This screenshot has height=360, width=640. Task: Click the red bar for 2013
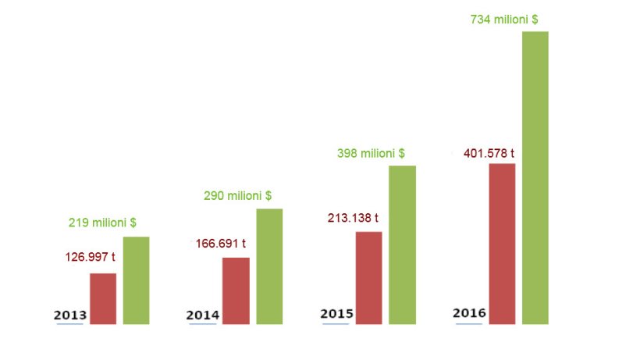pyautogui.click(x=103, y=298)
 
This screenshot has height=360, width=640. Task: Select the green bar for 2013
pyautogui.click(x=136, y=280)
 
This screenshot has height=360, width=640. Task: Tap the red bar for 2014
pyautogui.click(x=236, y=290)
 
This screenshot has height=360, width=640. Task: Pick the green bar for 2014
pyautogui.click(x=269, y=266)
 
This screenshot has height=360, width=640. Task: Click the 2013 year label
pyautogui.click(x=70, y=315)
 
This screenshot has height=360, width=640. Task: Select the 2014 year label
pyautogui.click(x=203, y=315)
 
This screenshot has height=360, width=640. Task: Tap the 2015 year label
pyautogui.click(x=337, y=314)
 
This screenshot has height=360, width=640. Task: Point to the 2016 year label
pyautogui.click(x=470, y=313)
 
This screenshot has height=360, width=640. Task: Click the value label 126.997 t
pyautogui.click(x=90, y=256)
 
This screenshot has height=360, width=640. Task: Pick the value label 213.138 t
pyautogui.click(x=353, y=218)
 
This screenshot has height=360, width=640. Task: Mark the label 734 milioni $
pyautogui.click(x=504, y=20)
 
